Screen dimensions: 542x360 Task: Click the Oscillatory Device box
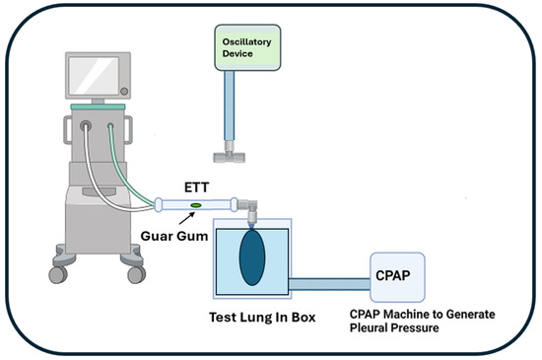247,47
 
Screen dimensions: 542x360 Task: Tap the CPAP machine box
397,277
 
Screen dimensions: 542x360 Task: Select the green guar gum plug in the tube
196,205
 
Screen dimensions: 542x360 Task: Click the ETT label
196,187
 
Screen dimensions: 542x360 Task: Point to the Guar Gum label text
174,236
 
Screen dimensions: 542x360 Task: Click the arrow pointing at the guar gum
186,218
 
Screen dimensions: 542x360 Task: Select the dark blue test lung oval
252,257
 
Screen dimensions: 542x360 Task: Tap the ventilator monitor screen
94,76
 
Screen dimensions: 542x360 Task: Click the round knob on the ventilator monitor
124,92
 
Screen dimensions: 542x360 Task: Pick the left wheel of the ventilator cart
58,274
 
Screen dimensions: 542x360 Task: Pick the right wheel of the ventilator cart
137,274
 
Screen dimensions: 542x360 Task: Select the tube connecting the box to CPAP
329,284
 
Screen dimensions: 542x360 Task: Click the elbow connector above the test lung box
249,208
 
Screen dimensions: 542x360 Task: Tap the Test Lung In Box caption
262,318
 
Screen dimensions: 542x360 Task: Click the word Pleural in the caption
368,327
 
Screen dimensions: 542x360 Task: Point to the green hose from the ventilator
128,170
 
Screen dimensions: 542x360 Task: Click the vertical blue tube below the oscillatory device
229,106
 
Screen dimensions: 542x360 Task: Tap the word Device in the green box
237,53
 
